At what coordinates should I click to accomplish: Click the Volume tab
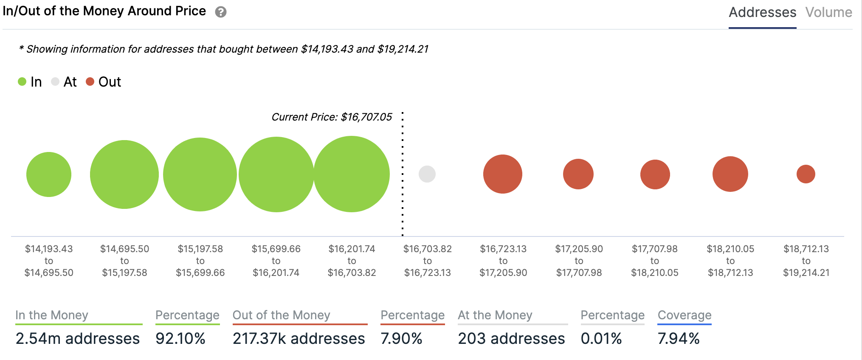828,12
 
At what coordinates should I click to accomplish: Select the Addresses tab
762,12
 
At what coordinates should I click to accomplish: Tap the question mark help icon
221,12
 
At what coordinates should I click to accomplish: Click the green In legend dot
22,82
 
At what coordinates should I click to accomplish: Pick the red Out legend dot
90,82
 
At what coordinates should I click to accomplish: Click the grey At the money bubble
427,174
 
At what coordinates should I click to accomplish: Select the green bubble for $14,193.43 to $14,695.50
49,174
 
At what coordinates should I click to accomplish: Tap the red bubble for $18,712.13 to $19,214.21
806,174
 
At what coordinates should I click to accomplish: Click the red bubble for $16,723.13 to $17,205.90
503,174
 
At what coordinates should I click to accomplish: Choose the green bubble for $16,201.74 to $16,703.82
352,174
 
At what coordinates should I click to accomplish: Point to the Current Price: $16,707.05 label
332,117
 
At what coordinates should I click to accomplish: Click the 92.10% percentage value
180,338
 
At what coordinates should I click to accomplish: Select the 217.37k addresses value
299,338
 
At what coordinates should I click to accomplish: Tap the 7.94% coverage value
678,338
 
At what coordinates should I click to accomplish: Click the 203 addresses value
511,338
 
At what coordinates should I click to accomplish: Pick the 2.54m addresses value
78,338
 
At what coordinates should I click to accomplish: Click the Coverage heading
685,315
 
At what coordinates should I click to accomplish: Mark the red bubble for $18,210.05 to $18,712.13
730,174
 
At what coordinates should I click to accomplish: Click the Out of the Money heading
281,315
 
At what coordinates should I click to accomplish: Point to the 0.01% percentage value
601,338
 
